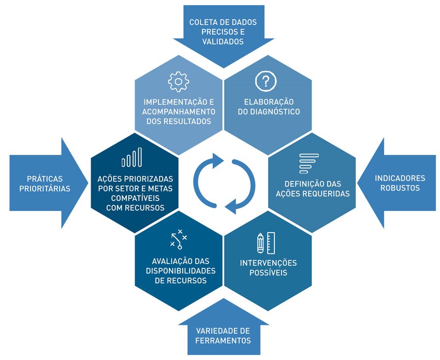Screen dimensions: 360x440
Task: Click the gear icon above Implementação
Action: click(179, 82)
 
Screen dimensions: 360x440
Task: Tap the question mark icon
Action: click(266, 81)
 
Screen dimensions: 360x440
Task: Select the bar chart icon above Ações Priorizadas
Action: click(131, 157)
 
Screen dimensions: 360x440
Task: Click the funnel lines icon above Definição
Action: click(309, 163)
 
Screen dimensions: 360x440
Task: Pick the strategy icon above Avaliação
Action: click(179, 239)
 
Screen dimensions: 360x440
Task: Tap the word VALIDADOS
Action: click(223, 41)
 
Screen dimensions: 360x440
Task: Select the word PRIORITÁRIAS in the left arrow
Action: click(45, 189)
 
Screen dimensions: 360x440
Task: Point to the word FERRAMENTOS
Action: click(223, 340)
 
